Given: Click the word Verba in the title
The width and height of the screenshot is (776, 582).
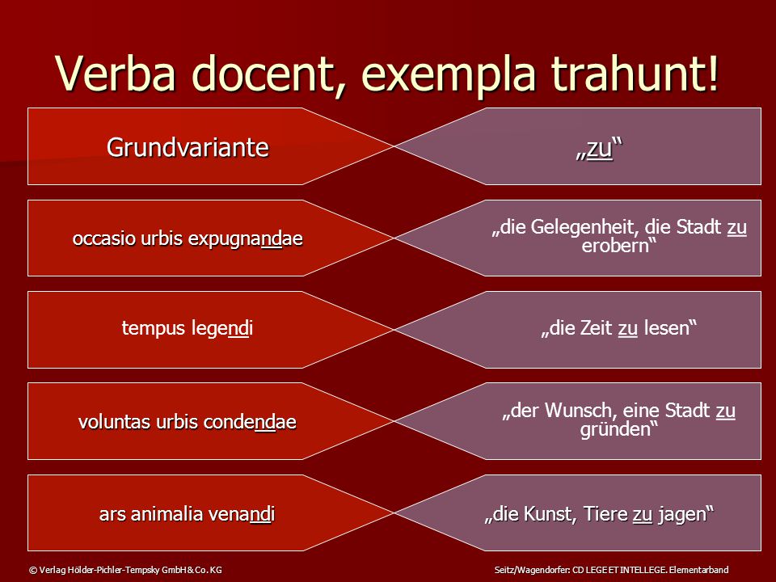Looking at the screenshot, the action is [x=116, y=74].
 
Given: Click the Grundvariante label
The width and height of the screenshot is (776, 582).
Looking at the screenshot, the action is [x=188, y=147].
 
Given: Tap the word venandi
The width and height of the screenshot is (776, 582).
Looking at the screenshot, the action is [x=241, y=514].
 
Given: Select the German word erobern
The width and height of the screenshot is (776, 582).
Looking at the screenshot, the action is [x=615, y=246].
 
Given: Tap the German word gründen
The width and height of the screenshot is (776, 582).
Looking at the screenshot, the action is [x=615, y=429].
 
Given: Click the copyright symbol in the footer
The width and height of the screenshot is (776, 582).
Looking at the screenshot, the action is [x=33, y=570].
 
